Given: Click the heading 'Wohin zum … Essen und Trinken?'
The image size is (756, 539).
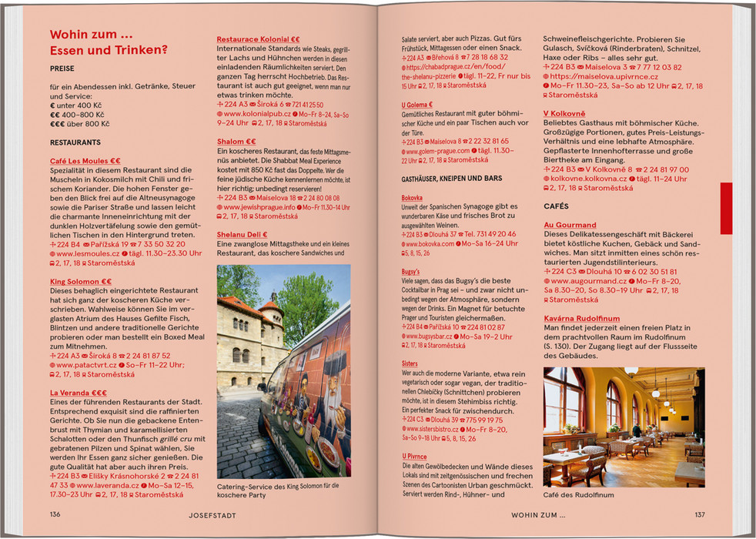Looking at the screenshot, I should pos(109,43).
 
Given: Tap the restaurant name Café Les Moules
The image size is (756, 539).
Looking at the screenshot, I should pos(80,160).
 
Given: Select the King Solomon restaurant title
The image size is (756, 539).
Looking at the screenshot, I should pos(81,282).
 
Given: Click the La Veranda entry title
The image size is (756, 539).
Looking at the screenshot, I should pos(79,393).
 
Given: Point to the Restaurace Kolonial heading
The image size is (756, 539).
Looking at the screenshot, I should pos(258,38).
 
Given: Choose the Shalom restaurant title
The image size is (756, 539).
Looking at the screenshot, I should pos(236,142).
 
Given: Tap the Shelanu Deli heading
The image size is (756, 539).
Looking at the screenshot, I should pos(242,234).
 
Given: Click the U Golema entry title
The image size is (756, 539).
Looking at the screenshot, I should pos(416,104).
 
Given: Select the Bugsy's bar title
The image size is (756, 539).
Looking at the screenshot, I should pos(410,272).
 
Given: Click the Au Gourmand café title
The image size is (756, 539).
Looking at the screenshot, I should pos(570,225).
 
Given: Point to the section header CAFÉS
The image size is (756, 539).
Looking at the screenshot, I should pos(556,206).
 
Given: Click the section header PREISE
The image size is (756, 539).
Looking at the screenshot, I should pos(62,69).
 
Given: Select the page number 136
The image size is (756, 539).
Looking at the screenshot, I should pos(55,514).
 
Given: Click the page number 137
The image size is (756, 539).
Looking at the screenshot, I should pos(699,514).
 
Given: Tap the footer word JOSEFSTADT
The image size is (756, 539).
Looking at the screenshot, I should pos(212,514).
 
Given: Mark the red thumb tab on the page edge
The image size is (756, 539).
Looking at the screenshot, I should pos(726,208).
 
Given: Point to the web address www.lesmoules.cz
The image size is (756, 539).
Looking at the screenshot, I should pos(87,253).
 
